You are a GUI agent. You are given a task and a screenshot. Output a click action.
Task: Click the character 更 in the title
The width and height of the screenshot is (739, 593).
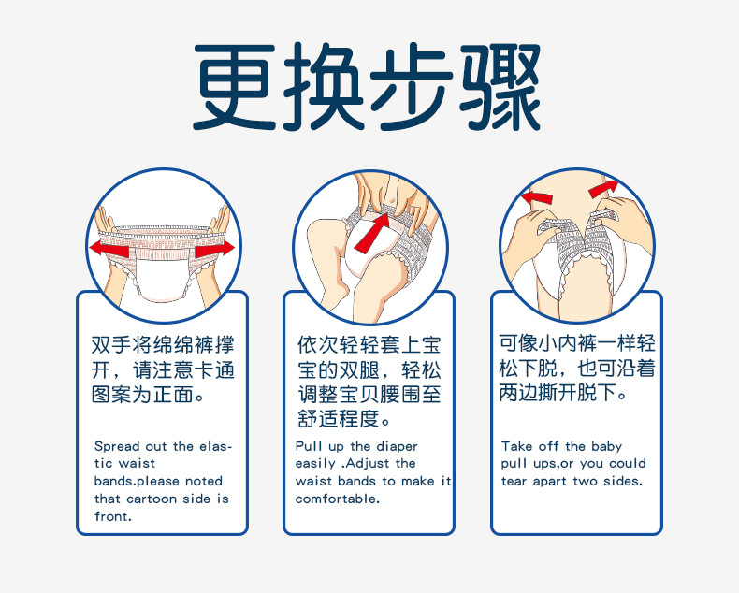click(x=234, y=87)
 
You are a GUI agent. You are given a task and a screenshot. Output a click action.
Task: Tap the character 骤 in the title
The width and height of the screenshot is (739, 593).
click(x=501, y=87)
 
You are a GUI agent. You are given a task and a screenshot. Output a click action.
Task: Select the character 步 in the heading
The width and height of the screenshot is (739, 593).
click(x=412, y=87)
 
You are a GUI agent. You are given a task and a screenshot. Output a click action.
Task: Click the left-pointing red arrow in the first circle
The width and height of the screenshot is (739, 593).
click(x=109, y=248)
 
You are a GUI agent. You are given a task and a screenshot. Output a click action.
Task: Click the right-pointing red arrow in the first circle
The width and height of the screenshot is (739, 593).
click(x=214, y=248)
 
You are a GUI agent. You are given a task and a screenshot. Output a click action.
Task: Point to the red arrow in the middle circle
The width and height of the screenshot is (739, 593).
click(x=372, y=233)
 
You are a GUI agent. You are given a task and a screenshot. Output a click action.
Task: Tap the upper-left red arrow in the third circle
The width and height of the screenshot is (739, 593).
click(x=536, y=197)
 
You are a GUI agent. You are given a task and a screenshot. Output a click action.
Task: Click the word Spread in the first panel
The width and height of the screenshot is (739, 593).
click(x=117, y=446)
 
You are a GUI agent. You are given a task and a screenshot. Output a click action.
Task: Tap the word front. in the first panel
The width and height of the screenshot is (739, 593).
click(x=113, y=516)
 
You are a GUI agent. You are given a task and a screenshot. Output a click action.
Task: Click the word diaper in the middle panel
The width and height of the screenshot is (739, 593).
click(x=398, y=446)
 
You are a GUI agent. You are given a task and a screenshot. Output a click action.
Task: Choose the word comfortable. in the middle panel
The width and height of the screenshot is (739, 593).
click(x=338, y=499)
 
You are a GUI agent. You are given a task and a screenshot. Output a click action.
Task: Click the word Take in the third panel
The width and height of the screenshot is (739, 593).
click(x=517, y=446)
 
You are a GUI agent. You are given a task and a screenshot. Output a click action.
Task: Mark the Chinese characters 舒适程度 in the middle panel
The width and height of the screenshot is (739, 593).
click(x=339, y=419)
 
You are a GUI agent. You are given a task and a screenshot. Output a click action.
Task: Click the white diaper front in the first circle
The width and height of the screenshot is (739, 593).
click(x=161, y=278)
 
